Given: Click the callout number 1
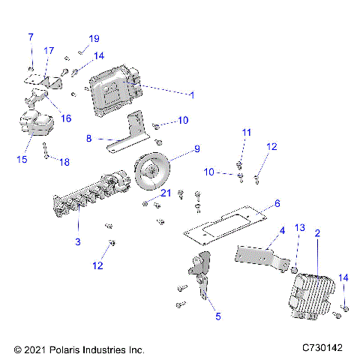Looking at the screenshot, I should coord(192,95).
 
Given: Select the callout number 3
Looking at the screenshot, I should coord(79,241).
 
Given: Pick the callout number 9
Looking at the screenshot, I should coord(197,148).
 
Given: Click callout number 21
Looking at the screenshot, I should coord(166,193).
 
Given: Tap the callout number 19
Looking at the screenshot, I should coord(94,38).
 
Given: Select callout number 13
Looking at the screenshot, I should coord(299,227).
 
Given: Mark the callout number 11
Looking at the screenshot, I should coord(245,133).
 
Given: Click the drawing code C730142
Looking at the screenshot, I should coord(322,349).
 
